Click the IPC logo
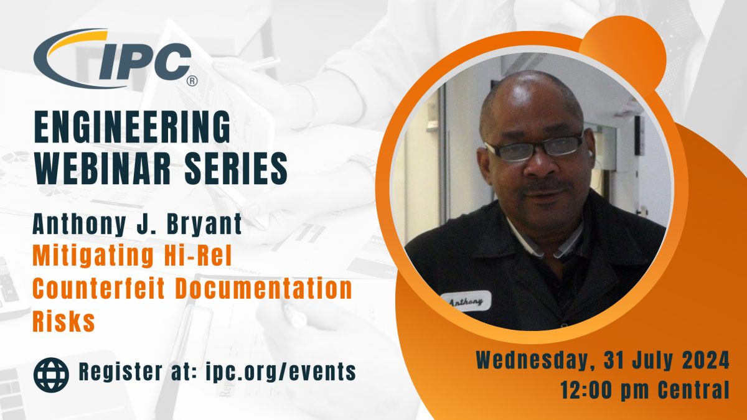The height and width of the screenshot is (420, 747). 115,58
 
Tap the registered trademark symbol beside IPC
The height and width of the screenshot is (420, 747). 192,81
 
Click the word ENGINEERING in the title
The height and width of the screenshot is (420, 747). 133,127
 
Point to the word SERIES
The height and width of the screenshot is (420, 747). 236,168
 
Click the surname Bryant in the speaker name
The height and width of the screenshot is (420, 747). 204,225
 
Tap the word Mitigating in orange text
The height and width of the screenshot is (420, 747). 93,256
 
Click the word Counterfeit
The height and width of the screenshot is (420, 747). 99,288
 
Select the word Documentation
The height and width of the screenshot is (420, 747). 264,288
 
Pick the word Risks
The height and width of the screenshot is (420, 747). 63,320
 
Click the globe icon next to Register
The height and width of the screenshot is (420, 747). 51,375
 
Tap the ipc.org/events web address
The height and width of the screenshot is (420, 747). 281,372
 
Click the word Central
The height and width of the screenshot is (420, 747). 693,390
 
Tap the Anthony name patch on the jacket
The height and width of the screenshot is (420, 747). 466,301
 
